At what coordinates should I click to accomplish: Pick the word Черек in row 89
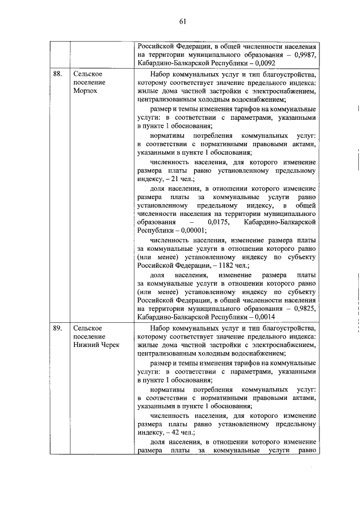(x=109, y=345)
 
